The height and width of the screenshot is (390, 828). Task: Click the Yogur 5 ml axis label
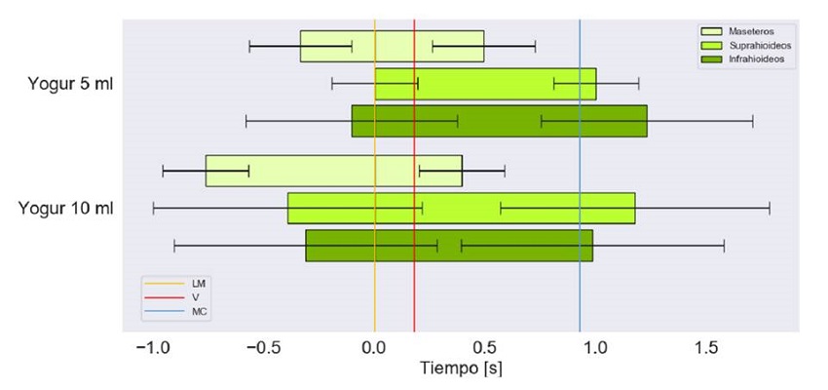(71, 85)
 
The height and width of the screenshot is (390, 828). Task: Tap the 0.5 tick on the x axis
(485, 348)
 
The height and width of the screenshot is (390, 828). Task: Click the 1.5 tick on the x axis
(706, 348)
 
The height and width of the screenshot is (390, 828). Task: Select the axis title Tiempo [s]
(461, 370)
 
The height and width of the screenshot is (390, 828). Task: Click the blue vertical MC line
(580, 292)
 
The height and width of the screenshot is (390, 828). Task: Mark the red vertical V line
(414, 292)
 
